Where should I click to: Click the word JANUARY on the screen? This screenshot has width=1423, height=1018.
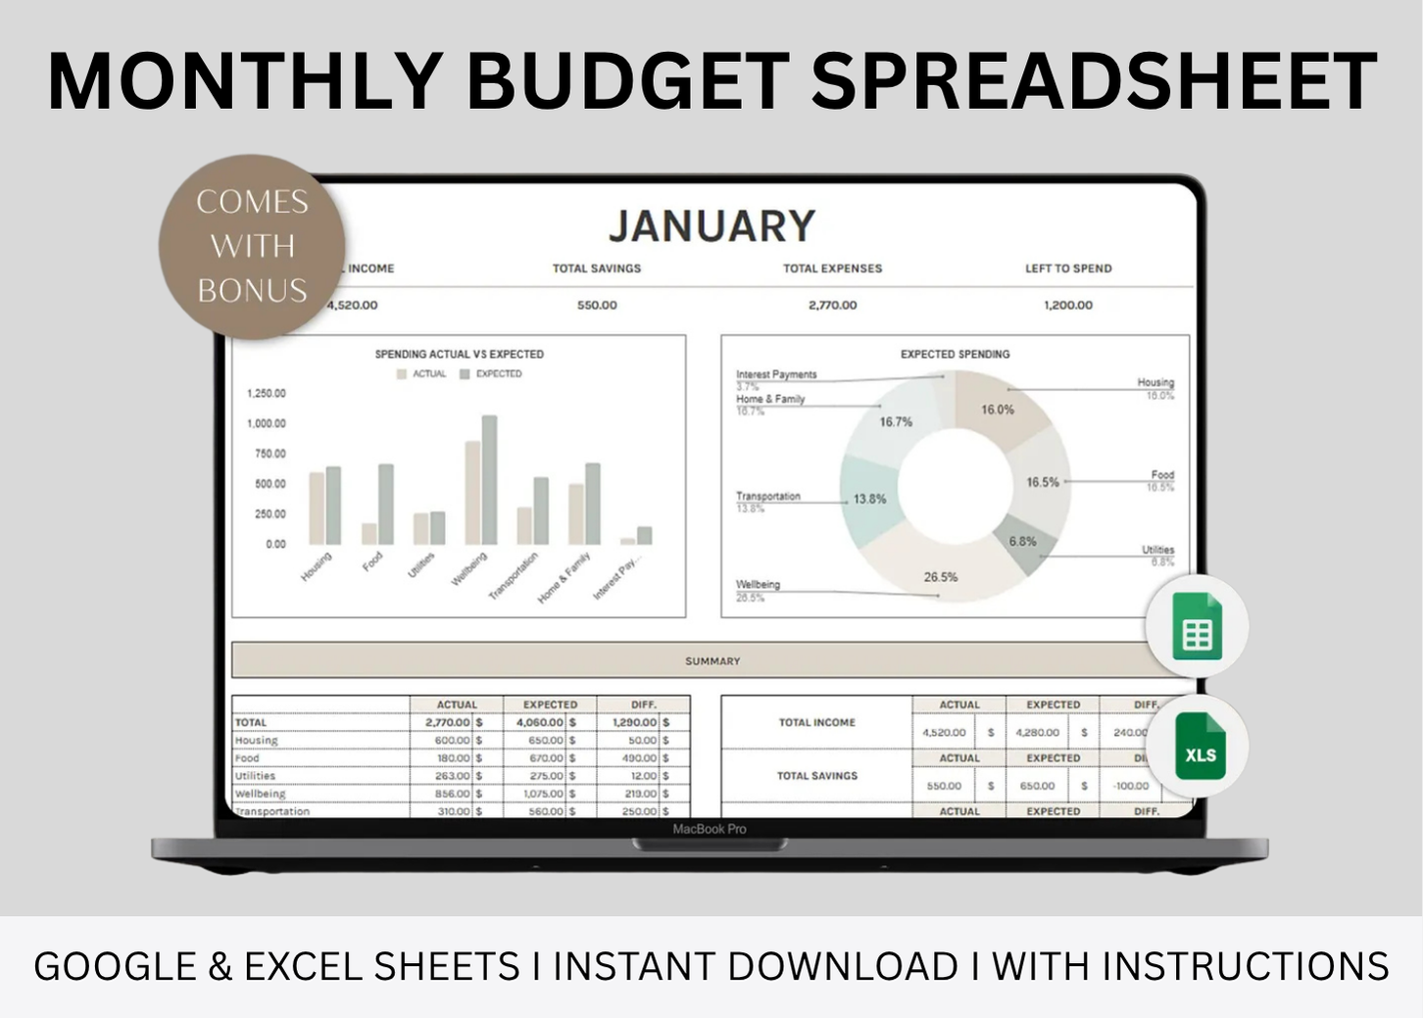(x=711, y=226)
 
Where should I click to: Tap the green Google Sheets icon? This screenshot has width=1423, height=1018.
(x=1197, y=626)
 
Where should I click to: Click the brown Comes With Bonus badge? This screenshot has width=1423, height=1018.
(x=252, y=246)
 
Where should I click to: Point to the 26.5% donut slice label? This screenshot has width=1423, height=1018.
(x=940, y=577)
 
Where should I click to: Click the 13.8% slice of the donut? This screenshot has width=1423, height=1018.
(x=868, y=499)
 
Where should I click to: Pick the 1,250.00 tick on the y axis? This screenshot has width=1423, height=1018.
(x=267, y=394)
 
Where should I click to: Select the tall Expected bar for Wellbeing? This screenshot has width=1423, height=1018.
(x=489, y=479)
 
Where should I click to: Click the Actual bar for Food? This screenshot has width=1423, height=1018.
(x=369, y=533)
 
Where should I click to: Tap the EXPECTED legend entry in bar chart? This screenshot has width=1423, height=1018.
(x=498, y=374)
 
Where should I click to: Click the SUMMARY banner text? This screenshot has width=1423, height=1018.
(x=712, y=661)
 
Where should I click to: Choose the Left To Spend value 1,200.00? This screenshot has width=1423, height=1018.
(x=1067, y=306)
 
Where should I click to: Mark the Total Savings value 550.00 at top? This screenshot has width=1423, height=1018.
(x=597, y=306)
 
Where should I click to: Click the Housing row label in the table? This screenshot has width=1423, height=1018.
(x=257, y=741)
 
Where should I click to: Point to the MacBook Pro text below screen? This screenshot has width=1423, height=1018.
(x=710, y=829)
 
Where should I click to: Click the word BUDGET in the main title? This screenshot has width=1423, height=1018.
(x=627, y=82)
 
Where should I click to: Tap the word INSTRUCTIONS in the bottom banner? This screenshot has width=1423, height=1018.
(x=1245, y=967)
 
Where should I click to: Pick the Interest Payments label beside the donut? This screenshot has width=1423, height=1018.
(x=776, y=374)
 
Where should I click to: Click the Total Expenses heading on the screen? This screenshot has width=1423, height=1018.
(x=832, y=268)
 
